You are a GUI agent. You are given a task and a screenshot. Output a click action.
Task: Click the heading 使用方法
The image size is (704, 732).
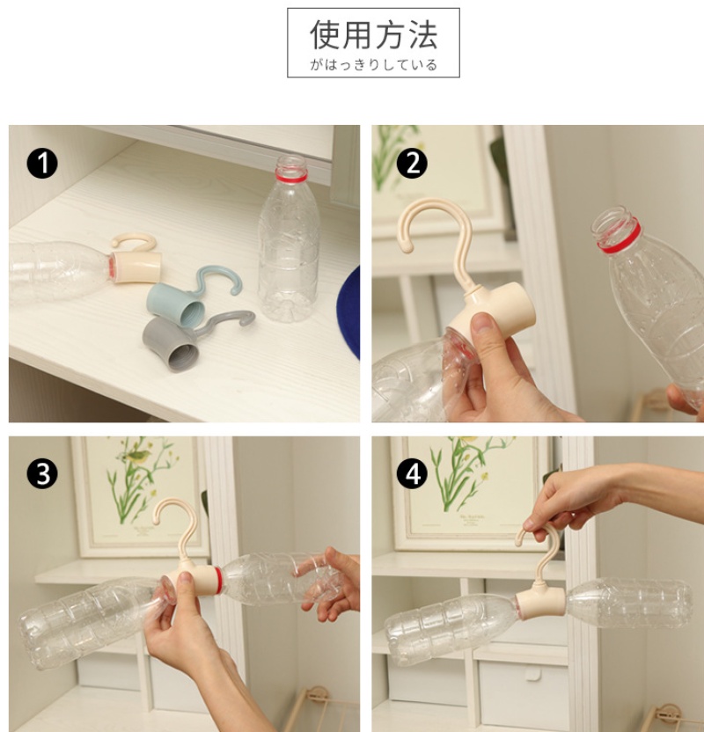pyautogui.click(x=373, y=35)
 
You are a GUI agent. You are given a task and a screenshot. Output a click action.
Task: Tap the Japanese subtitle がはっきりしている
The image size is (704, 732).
pyautogui.click(x=373, y=64)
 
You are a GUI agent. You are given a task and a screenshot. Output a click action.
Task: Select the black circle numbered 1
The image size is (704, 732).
pyautogui.click(x=42, y=164)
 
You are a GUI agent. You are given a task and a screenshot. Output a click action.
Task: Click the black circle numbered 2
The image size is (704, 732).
pyautogui.click(x=412, y=164)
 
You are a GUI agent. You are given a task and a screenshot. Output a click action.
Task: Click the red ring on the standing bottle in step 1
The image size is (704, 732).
pyautogui.click(x=291, y=177)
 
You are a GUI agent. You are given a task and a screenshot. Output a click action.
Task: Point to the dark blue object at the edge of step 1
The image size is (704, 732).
pyautogui.click(x=349, y=311)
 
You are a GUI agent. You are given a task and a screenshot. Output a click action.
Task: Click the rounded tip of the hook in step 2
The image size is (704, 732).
pyautogui.click(x=407, y=246)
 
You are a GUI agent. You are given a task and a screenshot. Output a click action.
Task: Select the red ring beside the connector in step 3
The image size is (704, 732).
pyautogui.click(x=218, y=581)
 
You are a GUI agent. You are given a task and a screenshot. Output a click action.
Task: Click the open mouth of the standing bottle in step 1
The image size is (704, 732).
pyautogui.click(x=291, y=161)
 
